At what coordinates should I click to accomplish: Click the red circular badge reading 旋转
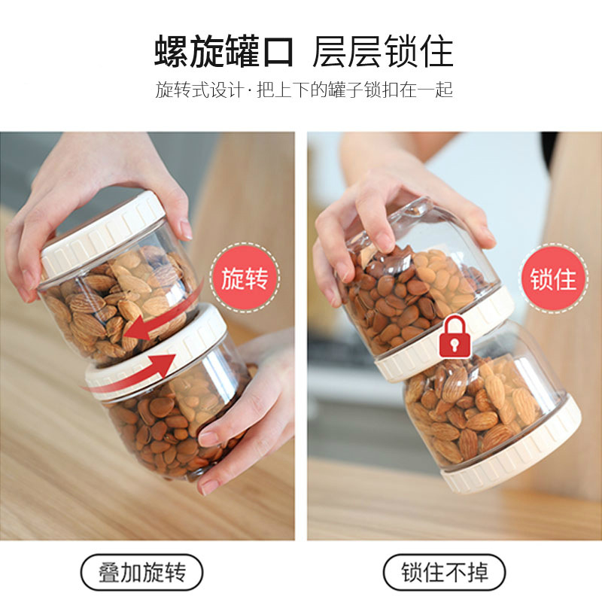245,278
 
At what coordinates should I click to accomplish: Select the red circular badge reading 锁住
554,278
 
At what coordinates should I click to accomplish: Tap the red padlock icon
454,337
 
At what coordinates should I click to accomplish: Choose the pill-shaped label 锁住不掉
444,572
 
